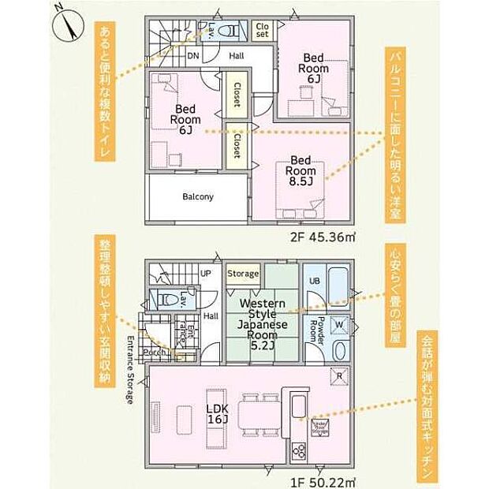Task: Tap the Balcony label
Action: point(198,197)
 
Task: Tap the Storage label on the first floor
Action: point(243,274)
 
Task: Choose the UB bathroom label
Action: point(313,282)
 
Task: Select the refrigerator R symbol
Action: point(339,376)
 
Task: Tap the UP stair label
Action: point(206,274)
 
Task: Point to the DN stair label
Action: point(193,55)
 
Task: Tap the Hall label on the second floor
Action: point(236,56)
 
